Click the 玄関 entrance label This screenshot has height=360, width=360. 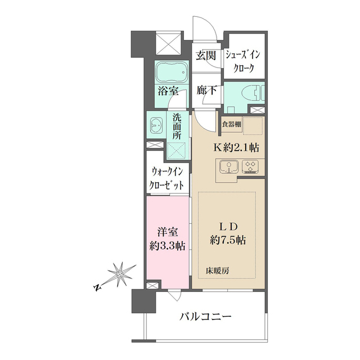(x=206, y=55)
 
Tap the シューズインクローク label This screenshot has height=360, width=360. (x=243, y=61)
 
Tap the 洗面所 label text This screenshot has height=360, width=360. (x=177, y=127)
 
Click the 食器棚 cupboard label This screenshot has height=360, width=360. (x=232, y=124)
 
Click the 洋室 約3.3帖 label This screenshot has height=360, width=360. (x=166, y=238)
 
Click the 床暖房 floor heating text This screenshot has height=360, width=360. (x=216, y=271)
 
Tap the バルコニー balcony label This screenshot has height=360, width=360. (x=205, y=317)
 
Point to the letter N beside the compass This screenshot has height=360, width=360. (x=97, y=288)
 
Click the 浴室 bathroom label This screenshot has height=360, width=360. (x=168, y=91)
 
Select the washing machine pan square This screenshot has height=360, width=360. (x=176, y=151)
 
